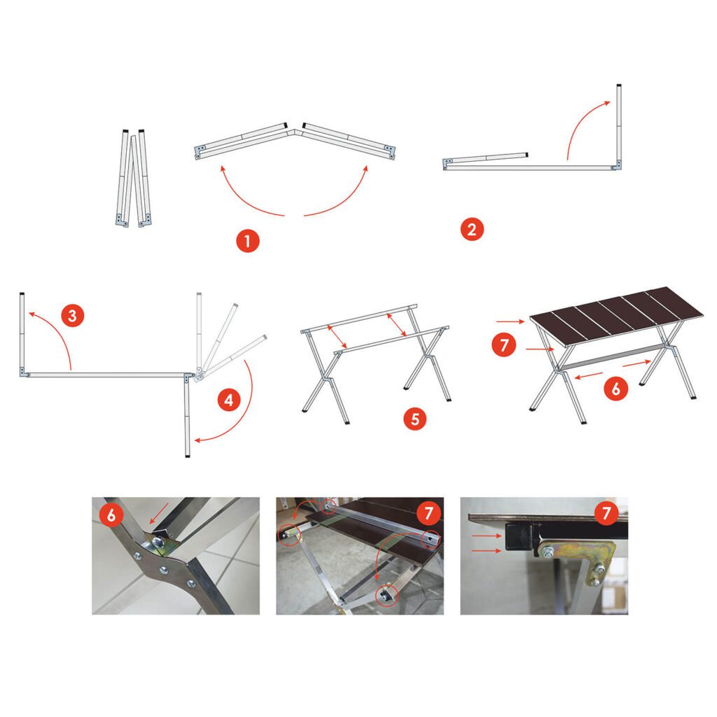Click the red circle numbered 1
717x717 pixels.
[x=248, y=241]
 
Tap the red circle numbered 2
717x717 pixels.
[x=472, y=229]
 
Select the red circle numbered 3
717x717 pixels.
[x=73, y=316]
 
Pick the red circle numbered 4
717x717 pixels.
[x=229, y=400]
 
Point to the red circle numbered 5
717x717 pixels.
[x=415, y=419]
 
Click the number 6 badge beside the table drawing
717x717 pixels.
[x=615, y=389]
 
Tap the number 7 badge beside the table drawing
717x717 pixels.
[x=504, y=344]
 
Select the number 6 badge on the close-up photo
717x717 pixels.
[x=111, y=515]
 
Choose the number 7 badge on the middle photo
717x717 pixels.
[x=429, y=513]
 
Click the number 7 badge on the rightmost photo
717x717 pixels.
[x=606, y=513]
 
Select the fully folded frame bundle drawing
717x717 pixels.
[x=133, y=179]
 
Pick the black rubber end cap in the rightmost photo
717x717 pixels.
[x=521, y=537]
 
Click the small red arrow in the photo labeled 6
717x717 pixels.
[x=158, y=513]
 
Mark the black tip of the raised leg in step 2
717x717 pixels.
[x=619, y=86]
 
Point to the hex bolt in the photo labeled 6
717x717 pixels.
[x=158, y=543]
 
